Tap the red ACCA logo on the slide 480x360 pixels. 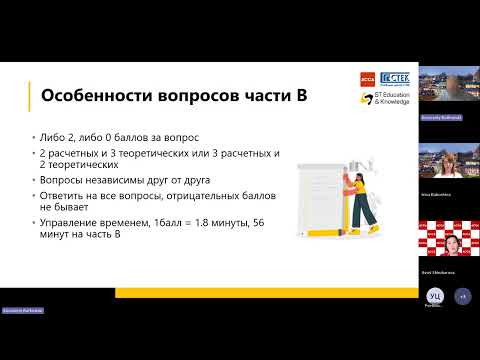[x=365, y=78]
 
